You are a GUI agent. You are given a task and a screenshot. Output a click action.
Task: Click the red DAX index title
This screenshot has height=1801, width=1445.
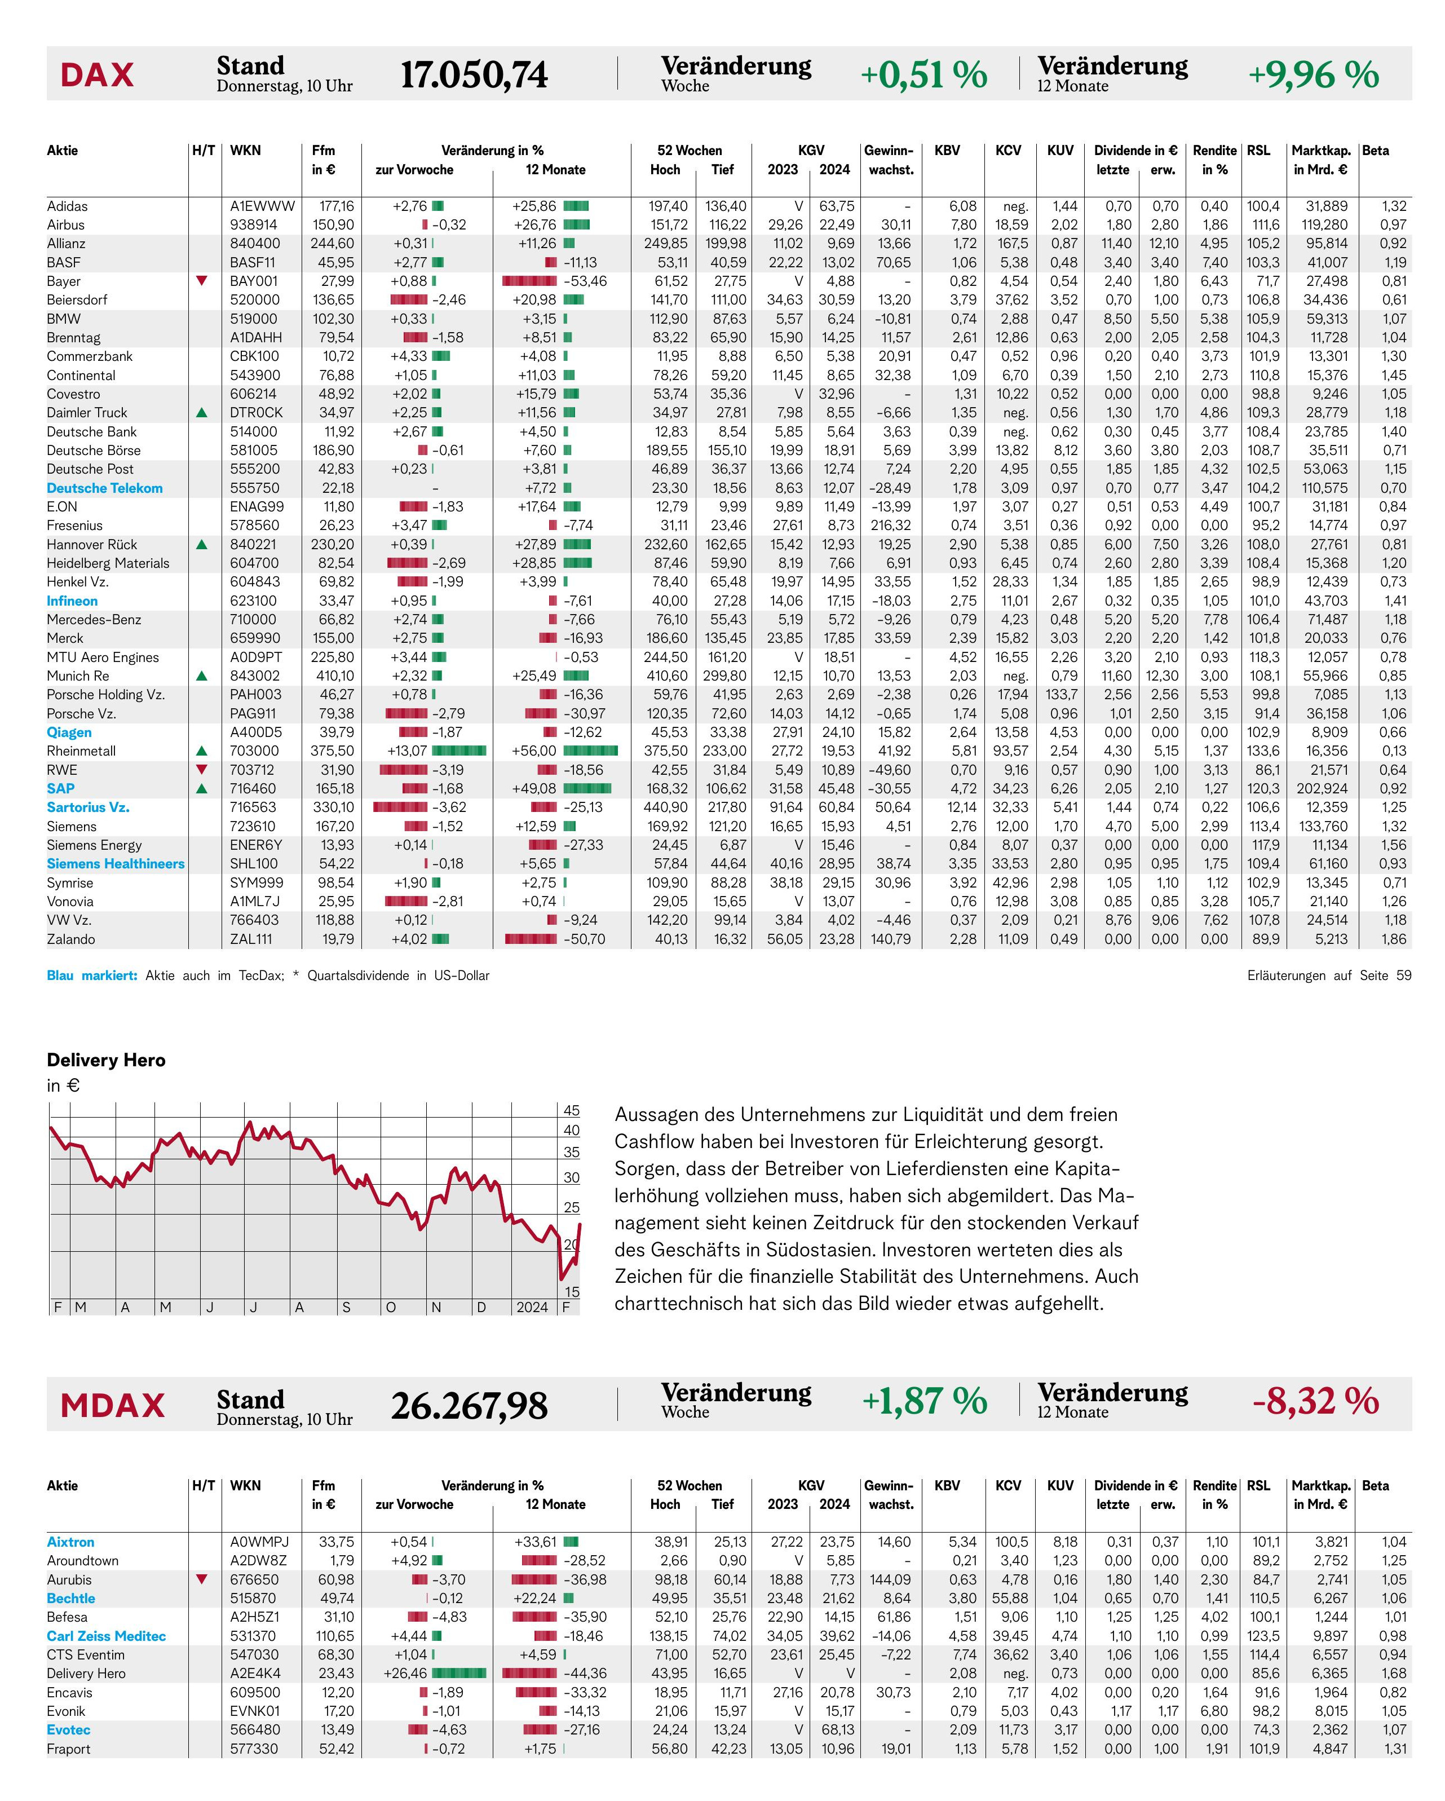pyautogui.click(x=97, y=74)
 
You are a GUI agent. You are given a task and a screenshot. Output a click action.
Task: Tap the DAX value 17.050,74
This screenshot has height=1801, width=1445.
pyautogui.click(x=474, y=74)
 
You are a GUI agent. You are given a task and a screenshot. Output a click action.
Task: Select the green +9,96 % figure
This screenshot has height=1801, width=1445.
pyautogui.click(x=1313, y=74)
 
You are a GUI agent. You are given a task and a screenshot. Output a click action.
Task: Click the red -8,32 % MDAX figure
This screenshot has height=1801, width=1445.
pyautogui.click(x=1315, y=1401)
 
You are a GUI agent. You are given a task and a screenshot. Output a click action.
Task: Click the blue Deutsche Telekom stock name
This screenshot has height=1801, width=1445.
pyautogui.click(x=104, y=488)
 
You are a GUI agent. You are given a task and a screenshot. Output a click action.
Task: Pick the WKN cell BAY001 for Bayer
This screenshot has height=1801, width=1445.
pyautogui.click(x=254, y=281)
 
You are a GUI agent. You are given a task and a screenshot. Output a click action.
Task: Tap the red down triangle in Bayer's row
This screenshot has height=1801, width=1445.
pyautogui.click(x=201, y=281)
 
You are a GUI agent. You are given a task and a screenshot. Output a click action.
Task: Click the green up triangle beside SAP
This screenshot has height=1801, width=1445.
pyautogui.click(x=201, y=788)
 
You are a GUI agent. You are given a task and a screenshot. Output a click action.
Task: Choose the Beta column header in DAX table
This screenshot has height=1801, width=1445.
pyautogui.click(x=1375, y=151)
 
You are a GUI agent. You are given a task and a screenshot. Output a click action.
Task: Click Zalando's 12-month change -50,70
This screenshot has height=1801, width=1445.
pyautogui.click(x=585, y=939)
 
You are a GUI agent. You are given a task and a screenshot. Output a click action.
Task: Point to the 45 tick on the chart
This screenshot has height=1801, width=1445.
pyautogui.click(x=571, y=1110)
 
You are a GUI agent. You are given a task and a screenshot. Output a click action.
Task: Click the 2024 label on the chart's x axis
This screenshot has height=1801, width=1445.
pyautogui.click(x=532, y=1307)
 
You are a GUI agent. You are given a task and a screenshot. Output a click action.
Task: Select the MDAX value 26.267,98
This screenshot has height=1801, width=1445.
pyautogui.click(x=470, y=1406)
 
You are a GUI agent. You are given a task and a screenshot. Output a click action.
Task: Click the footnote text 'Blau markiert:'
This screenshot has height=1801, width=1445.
pyautogui.click(x=92, y=975)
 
